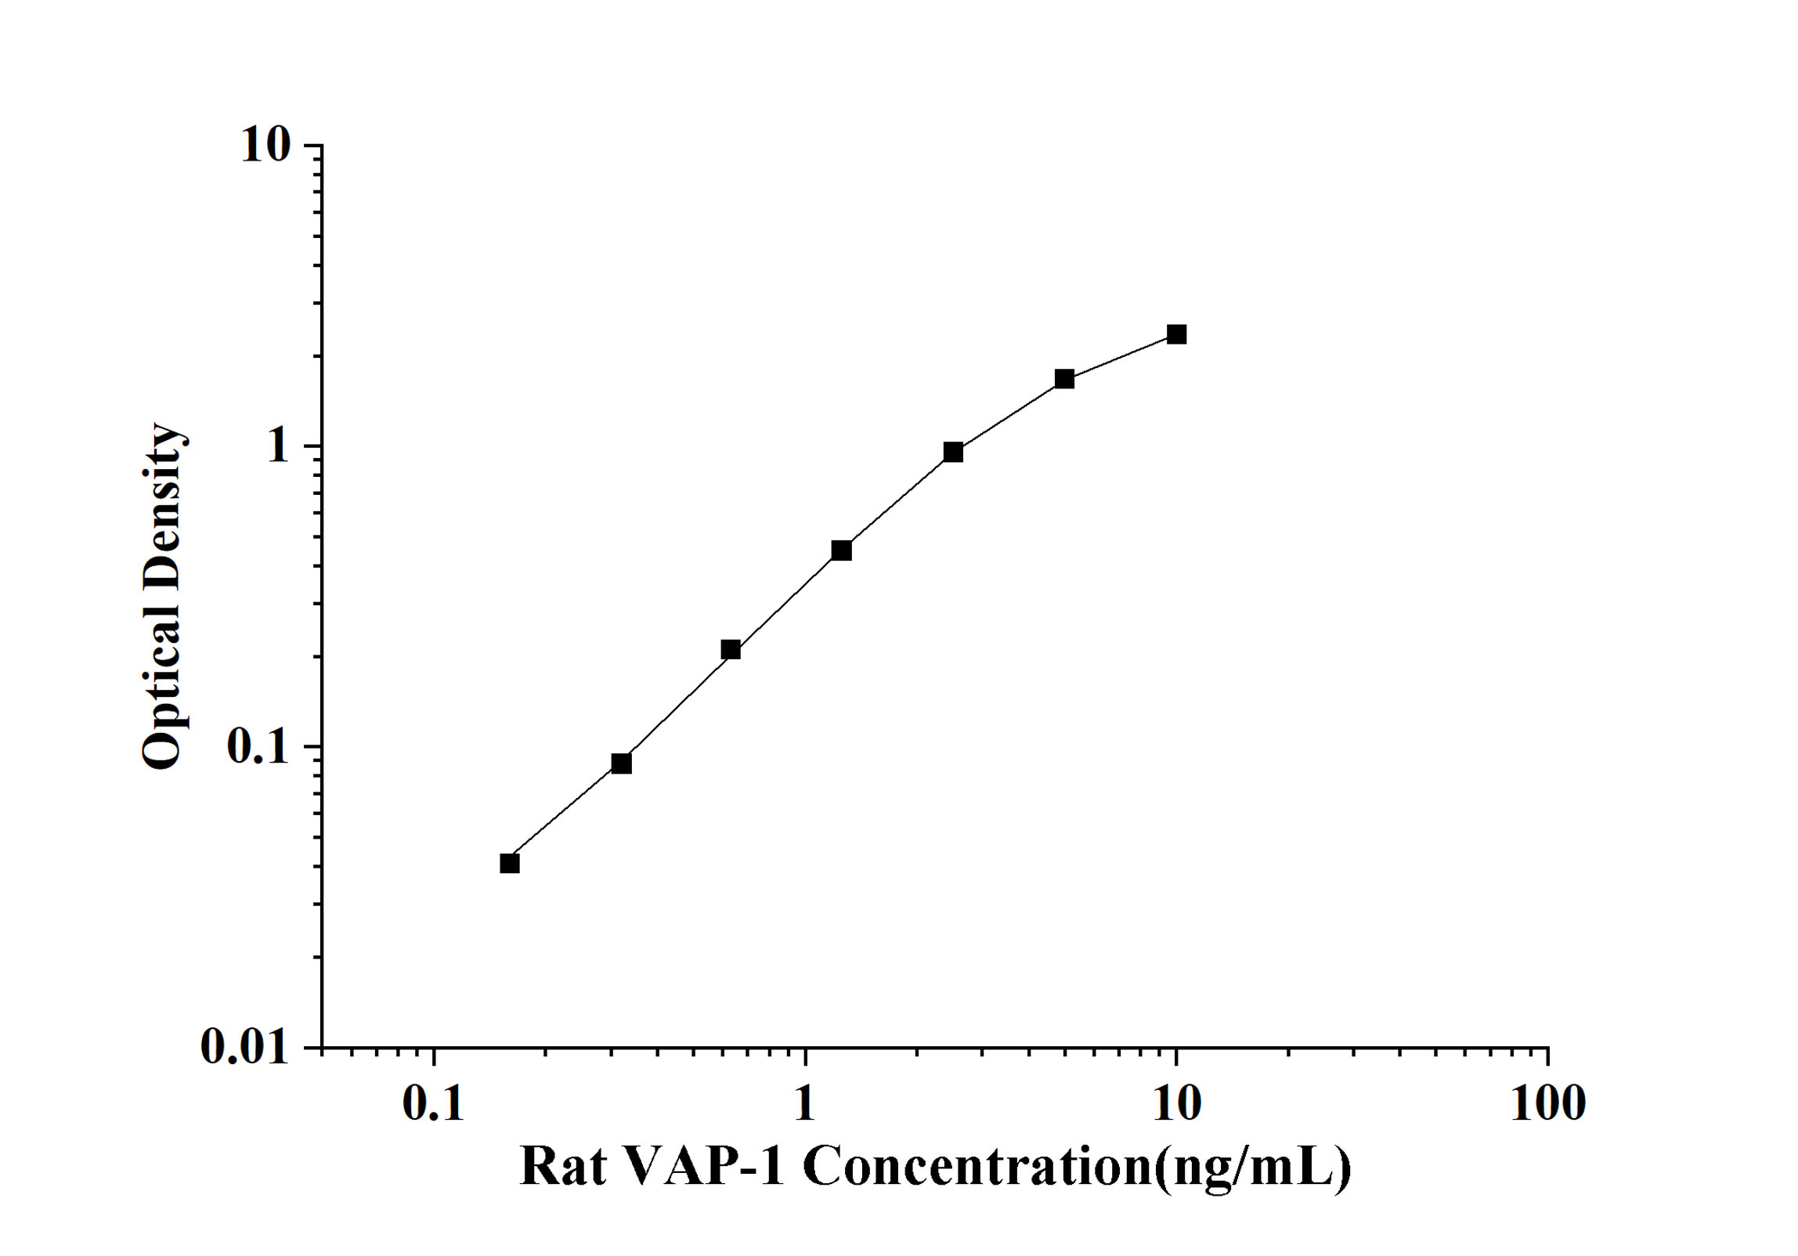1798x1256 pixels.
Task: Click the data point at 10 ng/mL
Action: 1176,334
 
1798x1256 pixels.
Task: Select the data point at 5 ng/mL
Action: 1064,379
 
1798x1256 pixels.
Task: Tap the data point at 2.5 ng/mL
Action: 953,452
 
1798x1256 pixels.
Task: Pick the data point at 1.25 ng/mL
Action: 841,550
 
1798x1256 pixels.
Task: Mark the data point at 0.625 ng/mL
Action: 731,649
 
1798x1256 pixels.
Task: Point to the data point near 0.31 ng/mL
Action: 621,763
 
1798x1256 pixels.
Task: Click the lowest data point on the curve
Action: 510,864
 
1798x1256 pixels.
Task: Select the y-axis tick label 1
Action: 278,446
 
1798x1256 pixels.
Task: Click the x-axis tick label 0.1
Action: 433,1104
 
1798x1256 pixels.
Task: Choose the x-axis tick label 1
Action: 804,1104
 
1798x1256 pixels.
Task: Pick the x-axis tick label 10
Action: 1176,1104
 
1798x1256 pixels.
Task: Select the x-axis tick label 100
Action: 1547,1104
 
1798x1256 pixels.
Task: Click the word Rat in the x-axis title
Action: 562,1166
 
